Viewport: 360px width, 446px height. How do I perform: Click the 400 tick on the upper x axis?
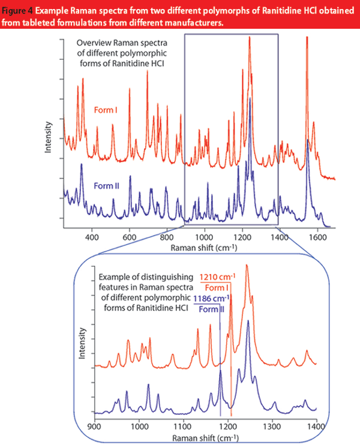click(92, 237)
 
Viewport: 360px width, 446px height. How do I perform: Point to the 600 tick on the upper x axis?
click(130, 237)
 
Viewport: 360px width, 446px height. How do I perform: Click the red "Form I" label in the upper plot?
click(106, 110)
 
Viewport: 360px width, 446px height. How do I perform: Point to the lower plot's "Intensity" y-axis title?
click(81, 342)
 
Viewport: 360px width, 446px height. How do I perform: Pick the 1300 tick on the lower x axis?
click(272, 427)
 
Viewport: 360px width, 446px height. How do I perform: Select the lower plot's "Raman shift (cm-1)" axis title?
click(205, 438)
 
